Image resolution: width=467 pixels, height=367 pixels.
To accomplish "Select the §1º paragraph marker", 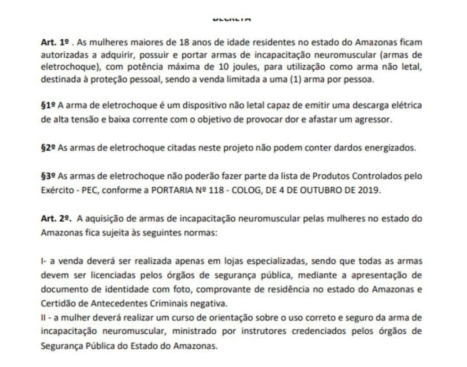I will tap(47, 106).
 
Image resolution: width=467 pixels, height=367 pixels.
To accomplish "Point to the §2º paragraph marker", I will tap(47, 148).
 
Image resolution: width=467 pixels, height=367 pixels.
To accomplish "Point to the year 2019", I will tap(370, 190).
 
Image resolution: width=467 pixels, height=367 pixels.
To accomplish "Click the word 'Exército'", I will tap(55, 190).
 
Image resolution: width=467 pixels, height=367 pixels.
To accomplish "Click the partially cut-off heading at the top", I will tap(233, 19).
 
